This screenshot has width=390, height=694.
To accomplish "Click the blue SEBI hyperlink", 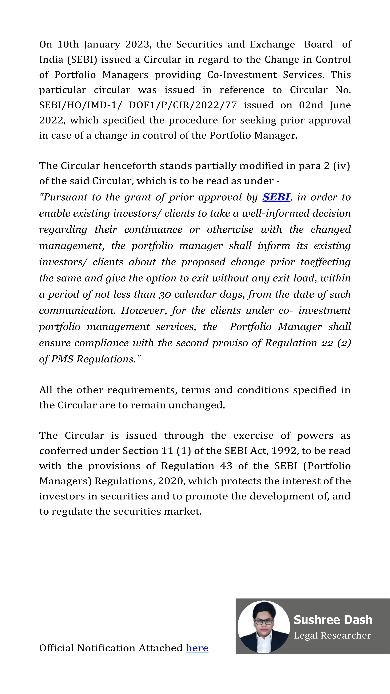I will pyautogui.click(x=276, y=197).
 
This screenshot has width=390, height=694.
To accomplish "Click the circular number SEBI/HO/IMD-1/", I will pyautogui.click(x=80, y=105).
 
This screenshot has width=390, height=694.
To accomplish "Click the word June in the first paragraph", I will pyautogui.click(x=340, y=105).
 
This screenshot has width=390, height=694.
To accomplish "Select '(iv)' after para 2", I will pyautogui.click(x=341, y=166).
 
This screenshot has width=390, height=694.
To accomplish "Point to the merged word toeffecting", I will pyautogui.click(x=325, y=262).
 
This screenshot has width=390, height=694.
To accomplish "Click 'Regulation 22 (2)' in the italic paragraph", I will pyautogui.click(x=308, y=343).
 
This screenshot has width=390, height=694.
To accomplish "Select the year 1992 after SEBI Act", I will pyautogui.click(x=285, y=451).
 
